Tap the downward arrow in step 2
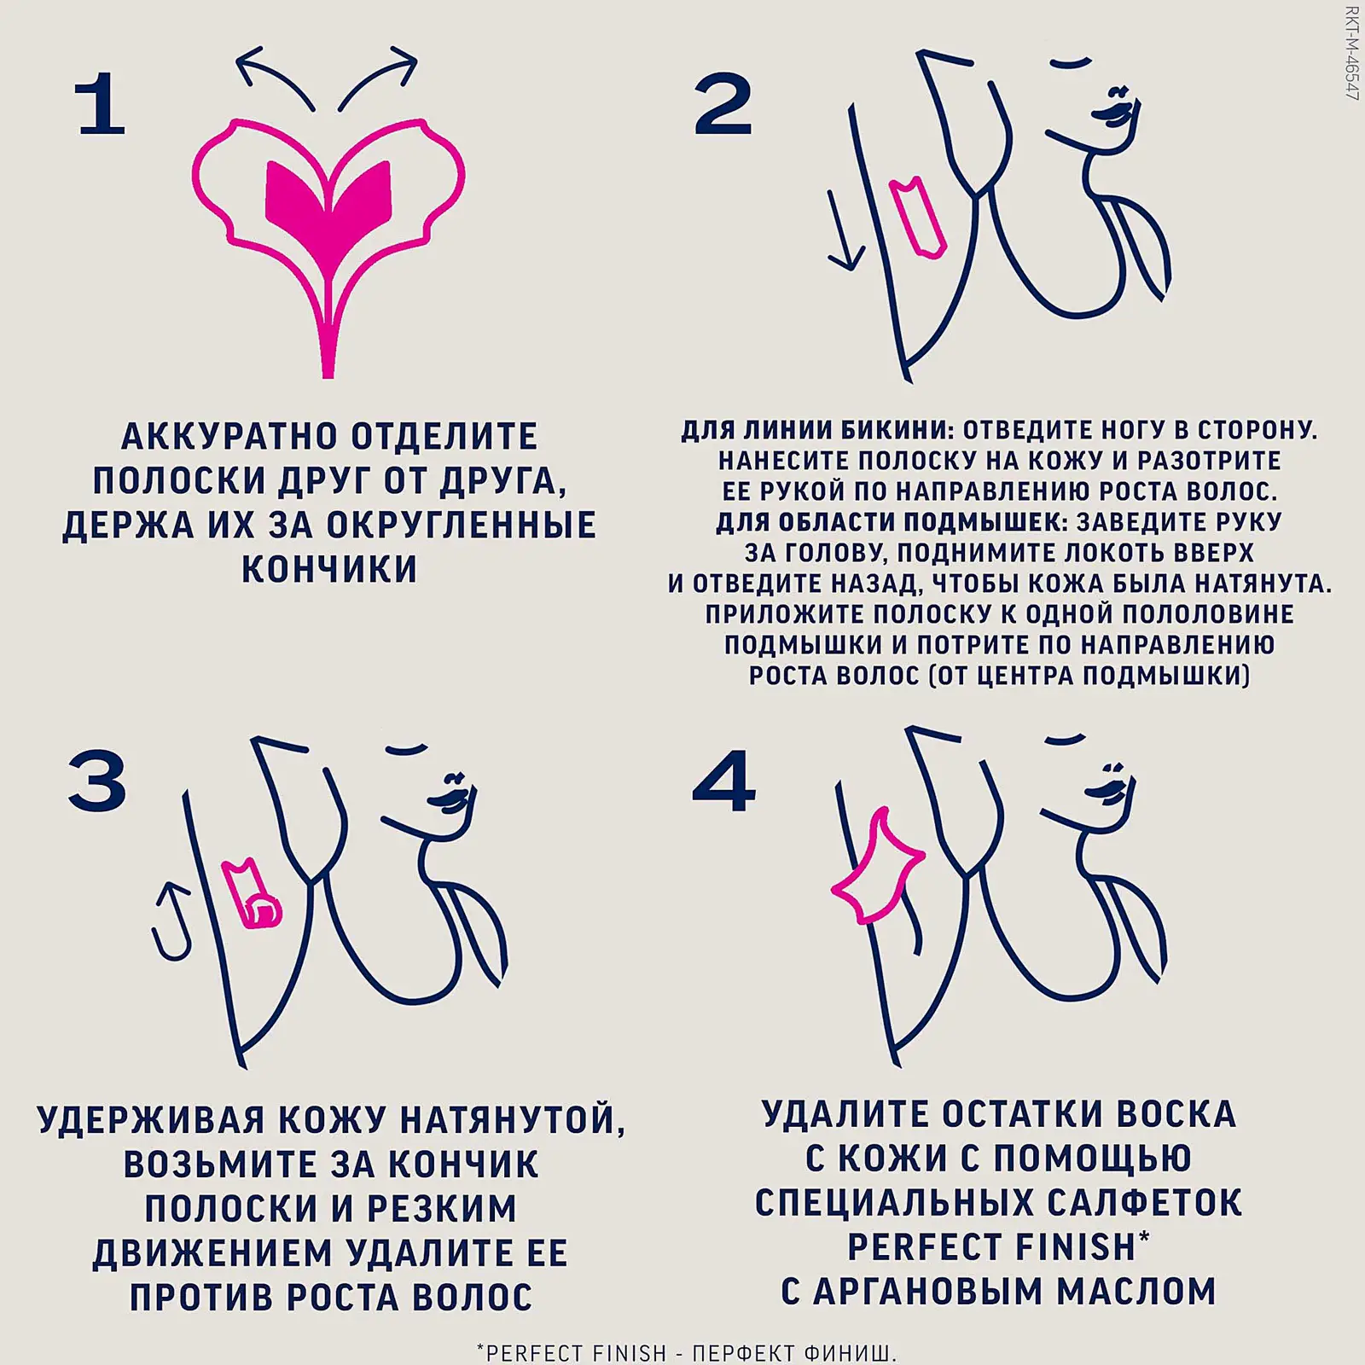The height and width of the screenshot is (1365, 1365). click(844, 230)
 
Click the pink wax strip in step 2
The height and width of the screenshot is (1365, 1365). click(918, 218)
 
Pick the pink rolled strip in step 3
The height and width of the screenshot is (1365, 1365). click(253, 896)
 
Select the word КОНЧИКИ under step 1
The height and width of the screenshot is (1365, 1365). click(329, 569)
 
